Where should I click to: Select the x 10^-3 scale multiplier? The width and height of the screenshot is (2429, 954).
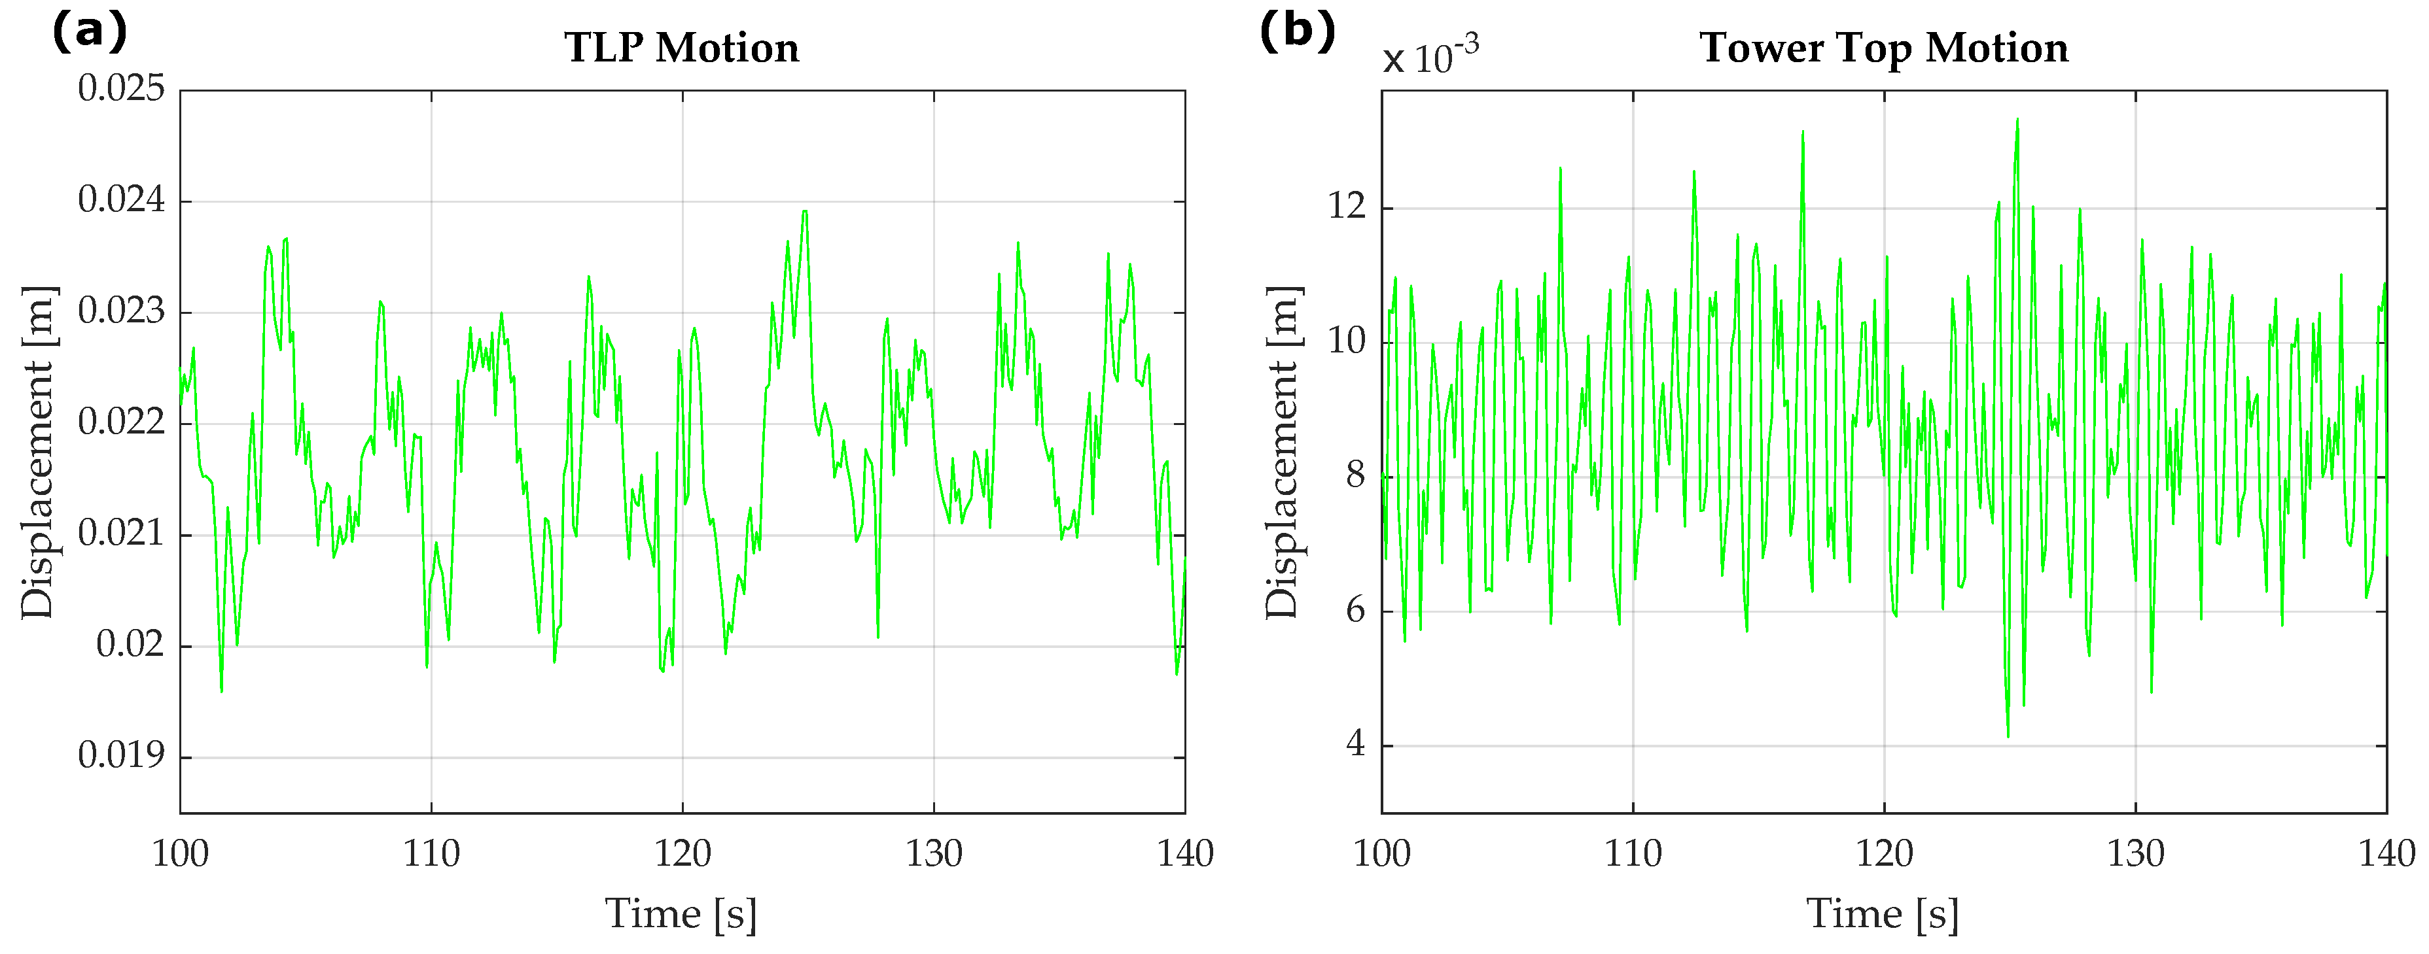[x=1430, y=57]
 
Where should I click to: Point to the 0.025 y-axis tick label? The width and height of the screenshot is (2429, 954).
[x=120, y=89]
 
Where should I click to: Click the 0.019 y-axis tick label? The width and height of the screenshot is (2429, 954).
[x=120, y=755]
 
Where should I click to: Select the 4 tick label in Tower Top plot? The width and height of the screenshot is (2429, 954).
[x=1355, y=744]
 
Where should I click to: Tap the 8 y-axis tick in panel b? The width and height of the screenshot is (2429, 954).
[x=1355, y=475]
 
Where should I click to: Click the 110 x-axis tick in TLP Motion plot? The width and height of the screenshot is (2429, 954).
[x=431, y=854]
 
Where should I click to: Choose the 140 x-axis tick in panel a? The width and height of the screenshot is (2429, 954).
[x=1184, y=854]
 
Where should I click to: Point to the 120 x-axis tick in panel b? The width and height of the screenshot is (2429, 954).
[x=1884, y=854]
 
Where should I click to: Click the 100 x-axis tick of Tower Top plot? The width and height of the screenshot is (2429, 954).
[x=1381, y=854]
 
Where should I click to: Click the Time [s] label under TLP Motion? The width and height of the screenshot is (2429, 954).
[x=681, y=913]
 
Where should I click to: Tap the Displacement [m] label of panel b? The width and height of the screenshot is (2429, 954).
[x=1283, y=452]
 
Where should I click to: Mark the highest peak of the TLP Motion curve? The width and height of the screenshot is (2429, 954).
[x=804, y=211]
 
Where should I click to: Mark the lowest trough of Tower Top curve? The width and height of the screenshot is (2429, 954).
[x=2008, y=736]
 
